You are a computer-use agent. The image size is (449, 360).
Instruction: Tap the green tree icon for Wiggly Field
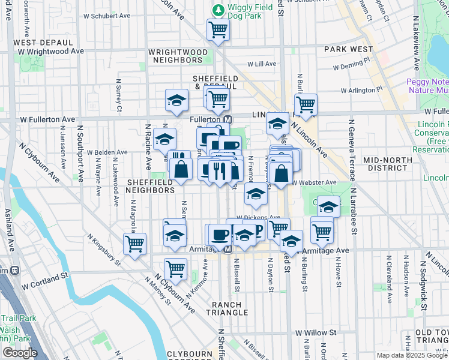pyautogui.click(x=218, y=10)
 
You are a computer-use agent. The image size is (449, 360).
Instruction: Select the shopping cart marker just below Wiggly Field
pyautogui.click(x=218, y=30)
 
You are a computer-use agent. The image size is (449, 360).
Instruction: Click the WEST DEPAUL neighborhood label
pyautogui.click(x=43, y=43)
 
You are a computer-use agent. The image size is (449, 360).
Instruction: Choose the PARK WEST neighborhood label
pyautogui.click(x=348, y=49)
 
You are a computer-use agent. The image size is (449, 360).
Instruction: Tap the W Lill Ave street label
pyautogui.click(x=262, y=64)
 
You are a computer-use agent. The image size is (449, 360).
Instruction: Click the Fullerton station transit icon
pyautogui.click(x=228, y=119)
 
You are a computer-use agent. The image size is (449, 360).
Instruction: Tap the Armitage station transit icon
pyautogui.click(x=228, y=249)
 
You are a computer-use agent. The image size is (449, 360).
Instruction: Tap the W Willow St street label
pyautogui.click(x=315, y=332)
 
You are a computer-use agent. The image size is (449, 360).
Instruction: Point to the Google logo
pyautogui.click(x=20, y=353)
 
